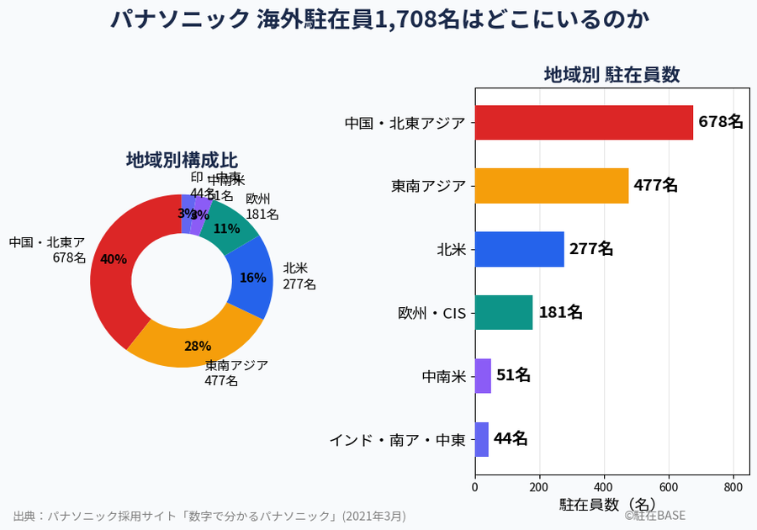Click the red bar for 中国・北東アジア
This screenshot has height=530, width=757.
pyautogui.click(x=584, y=122)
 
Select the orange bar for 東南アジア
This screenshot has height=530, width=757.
pyautogui.click(x=552, y=186)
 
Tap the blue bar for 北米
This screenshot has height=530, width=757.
pyautogui.click(x=519, y=249)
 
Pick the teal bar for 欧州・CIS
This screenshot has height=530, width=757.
pyautogui.click(x=504, y=312)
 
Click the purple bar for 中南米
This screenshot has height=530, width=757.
pyautogui.click(x=483, y=375)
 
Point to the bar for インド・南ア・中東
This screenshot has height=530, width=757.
pyautogui.click(x=482, y=439)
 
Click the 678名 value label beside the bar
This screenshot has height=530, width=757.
pyautogui.click(x=721, y=122)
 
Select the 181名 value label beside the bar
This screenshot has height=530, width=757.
pyautogui.click(x=560, y=312)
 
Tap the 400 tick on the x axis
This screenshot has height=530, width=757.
pyautogui.click(x=604, y=486)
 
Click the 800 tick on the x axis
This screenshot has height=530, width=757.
pyautogui.click(x=733, y=486)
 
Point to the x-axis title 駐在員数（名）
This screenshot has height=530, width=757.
pyautogui.click(x=607, y=504)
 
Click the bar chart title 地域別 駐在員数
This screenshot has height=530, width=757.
pyautogui.click(x=611, y=74)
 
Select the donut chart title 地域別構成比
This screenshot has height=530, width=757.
pyautogui.click(x=182, y=160)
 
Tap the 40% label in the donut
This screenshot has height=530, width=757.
pyautogui.click(x=114, y=259)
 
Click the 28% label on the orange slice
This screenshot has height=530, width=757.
pyautogui.click(x=198, y=346)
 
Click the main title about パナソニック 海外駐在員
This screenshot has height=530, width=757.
pyautogui.click(x=378, y=19)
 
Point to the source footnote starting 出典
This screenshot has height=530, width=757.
pyautogui.click(x=209, y=515)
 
